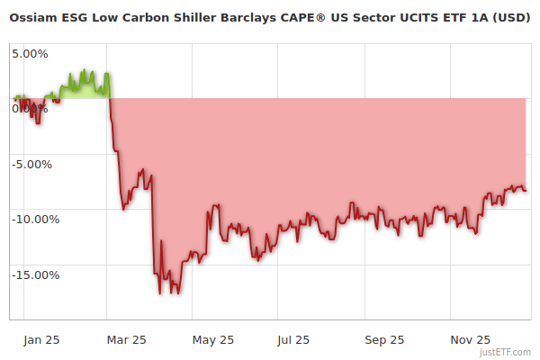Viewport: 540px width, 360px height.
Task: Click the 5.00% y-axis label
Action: coord(30,53)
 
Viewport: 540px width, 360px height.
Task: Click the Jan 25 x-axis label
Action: coord(42,340)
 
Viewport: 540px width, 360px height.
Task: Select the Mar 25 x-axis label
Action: coord(126,340)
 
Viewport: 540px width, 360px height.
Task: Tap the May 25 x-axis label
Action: coord(213,340)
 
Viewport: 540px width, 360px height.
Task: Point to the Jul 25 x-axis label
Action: coord(293,340)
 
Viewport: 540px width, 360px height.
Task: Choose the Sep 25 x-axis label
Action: coord(384,340)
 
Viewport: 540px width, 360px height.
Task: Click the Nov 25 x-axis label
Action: coord(470,340)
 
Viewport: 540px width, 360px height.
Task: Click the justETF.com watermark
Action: coord(508,352)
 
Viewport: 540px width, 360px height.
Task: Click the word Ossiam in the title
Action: coord(33,17)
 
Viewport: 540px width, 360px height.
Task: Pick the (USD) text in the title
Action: coord(511,17)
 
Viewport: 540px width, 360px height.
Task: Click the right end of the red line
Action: coord(526,190)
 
